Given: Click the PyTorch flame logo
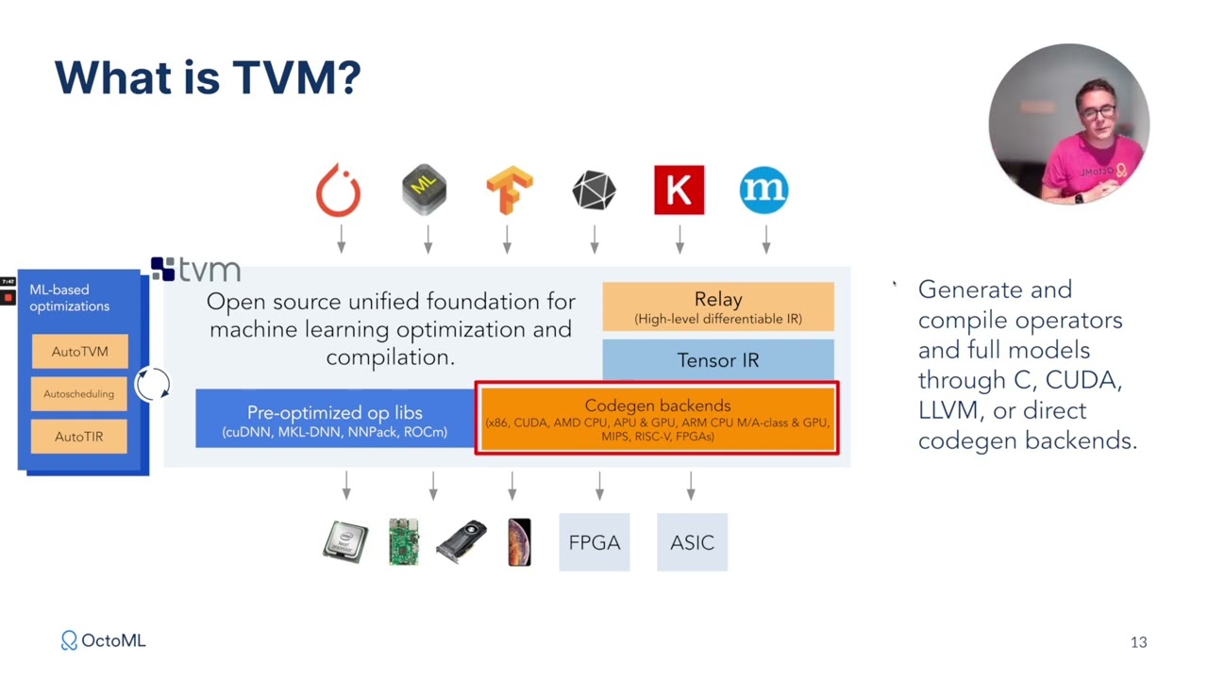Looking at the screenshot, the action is point(338,190).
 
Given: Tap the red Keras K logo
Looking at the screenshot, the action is point(679,190).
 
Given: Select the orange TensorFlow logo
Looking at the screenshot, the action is point(510,190).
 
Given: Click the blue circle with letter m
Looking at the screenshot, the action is point(763,190).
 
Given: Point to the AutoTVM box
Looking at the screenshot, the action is point(80,352).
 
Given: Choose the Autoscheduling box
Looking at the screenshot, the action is point(78,394).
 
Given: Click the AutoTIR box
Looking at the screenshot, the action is point(78,437).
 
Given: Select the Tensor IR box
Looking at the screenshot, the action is point(718,359).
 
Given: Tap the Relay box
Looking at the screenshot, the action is point(718,306).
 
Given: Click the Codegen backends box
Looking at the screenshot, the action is point(658,419).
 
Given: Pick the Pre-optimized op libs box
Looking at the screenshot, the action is point(335,418).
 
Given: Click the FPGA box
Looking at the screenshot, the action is point(595,542).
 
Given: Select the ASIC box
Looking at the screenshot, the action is point(692,542).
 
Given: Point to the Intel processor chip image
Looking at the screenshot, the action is point(345,541).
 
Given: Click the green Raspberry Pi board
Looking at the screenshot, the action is point(404,541).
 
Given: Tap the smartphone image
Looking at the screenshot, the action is point(519,542).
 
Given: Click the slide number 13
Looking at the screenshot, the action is point(1138,642).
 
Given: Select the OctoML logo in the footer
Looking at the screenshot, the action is point(103,640).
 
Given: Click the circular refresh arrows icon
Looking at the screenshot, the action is point(153,384).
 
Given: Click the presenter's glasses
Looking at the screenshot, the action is point(1099,112).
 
